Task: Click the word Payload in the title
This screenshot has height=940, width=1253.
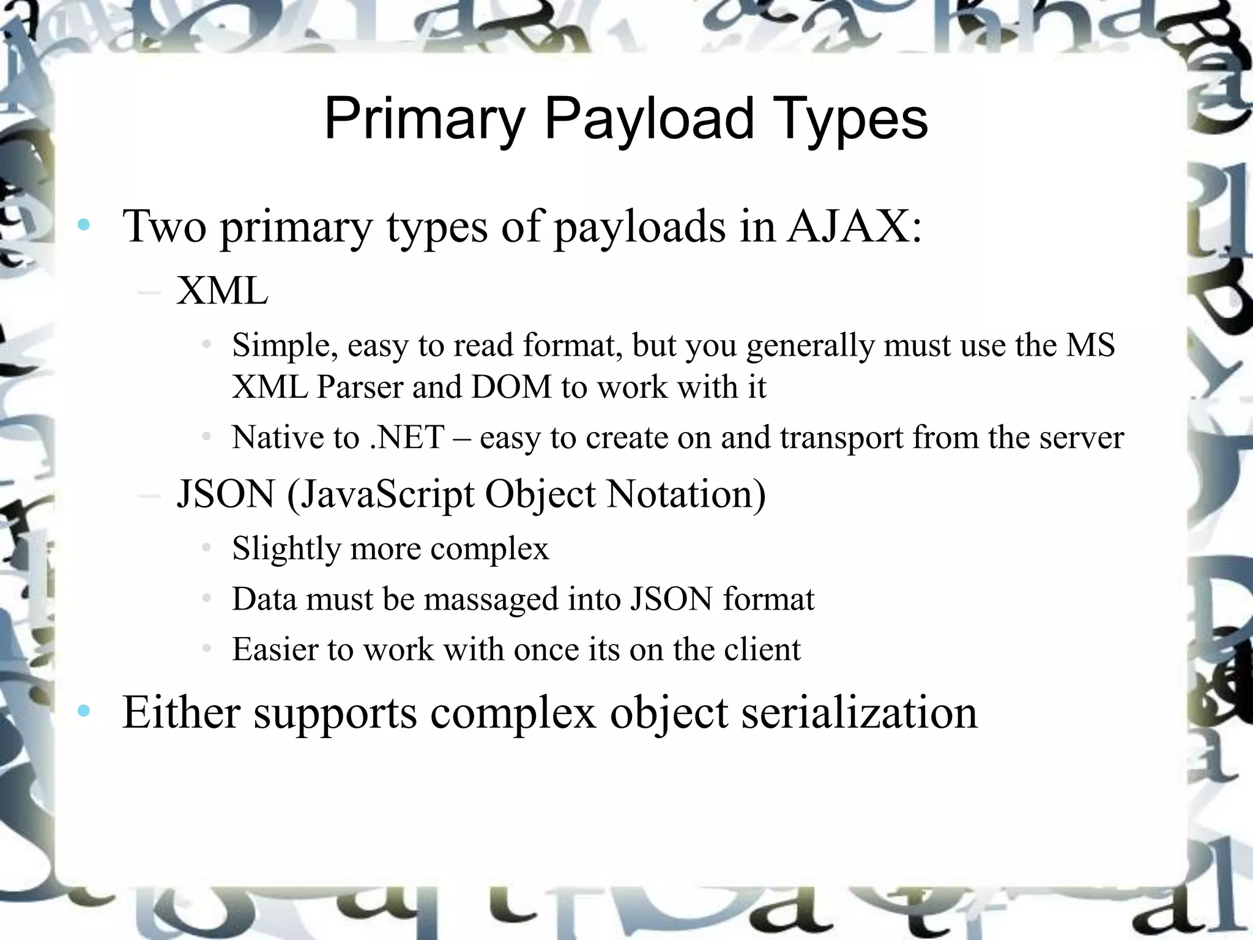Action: (x=649, y=119)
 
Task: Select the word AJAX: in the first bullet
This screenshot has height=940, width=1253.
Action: (x=853, y=226)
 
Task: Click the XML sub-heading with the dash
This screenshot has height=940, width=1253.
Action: (x=222, y=291)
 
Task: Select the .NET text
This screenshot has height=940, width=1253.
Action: (x=407, y=438)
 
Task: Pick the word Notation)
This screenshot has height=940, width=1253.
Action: (x=686, y=494)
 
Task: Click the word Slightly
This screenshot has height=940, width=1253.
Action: (x=286, y=548)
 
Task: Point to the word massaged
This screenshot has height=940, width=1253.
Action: (x=491, y=599)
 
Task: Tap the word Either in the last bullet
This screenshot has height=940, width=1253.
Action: (x=181, y=712)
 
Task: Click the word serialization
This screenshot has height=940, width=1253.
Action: (x=860, y=712)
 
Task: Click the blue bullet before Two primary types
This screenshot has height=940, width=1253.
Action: (x=84, y=225)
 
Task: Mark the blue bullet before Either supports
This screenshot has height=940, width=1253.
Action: (x=84, y=711)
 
